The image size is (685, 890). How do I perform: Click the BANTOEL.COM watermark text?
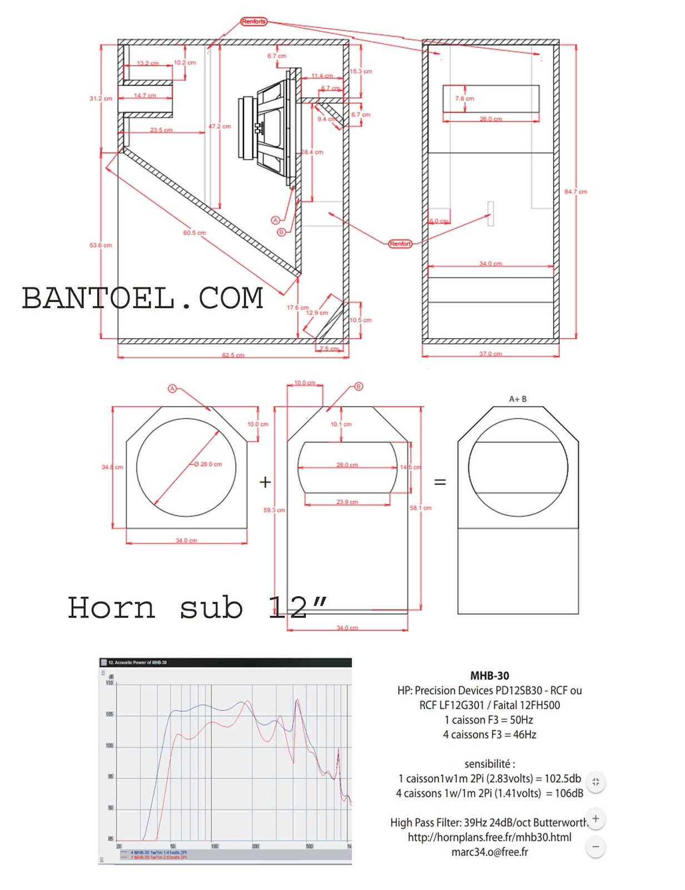point(142,298)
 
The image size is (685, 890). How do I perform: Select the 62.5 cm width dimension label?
point(233,355)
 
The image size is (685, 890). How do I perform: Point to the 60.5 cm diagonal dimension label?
point(194,233)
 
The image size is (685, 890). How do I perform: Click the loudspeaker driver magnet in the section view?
point(246,128)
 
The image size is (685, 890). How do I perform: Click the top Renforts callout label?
point(254,22)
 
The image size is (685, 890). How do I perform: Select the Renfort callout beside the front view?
point(400,244)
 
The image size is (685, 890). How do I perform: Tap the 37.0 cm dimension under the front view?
point(490,354)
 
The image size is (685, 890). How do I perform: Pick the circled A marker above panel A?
point(172,389)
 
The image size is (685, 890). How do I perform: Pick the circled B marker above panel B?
point(359,386)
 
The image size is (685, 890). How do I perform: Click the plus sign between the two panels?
point(265,482)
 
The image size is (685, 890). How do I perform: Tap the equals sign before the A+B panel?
point(440,482)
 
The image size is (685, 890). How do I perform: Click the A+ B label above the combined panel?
point(518,399)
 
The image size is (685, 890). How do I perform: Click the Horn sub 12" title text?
point(197,607)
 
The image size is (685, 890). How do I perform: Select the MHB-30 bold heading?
point(489,676)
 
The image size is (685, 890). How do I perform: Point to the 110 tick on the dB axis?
point(110,683)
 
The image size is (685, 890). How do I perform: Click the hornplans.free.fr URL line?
point(489,837)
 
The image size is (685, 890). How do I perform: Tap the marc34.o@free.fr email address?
point(489,852)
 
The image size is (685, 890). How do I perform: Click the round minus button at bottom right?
point(595,847)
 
